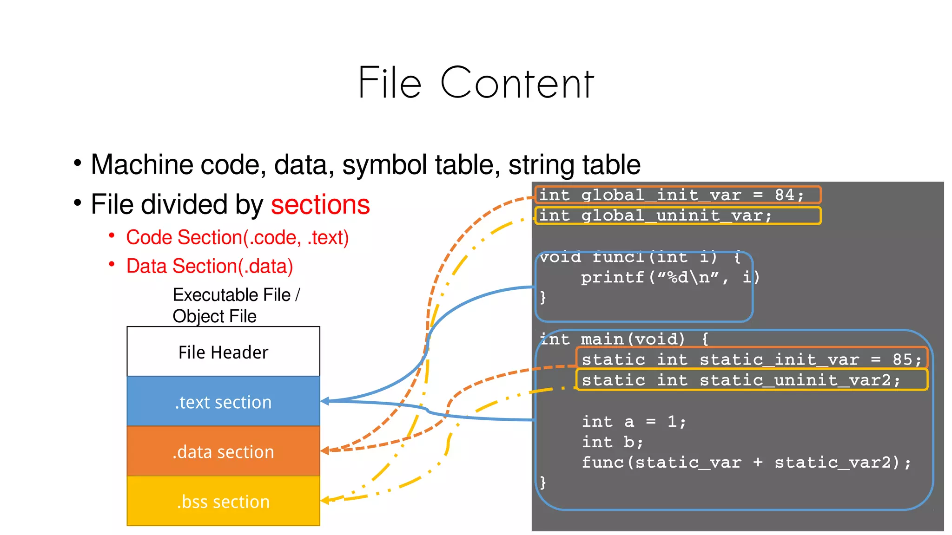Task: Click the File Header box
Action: tap(223, 352)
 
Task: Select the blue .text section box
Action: tap(223, 402)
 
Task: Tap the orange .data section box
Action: tap(223, 451)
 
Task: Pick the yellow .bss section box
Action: tap(223, 502)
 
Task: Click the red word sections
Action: tap(320, 205)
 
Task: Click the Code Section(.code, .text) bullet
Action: tap(237, 237)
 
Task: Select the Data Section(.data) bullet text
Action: tap(210, 266)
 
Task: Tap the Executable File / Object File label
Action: tap(236, 305)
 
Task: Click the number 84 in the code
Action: tap(785, 195)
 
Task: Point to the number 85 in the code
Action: tap(902, 359)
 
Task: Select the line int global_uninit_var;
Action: tap(655, 216)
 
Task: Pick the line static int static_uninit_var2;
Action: tap(741, 380)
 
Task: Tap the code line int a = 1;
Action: tap(634, 422)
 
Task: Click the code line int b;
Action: tap(612, 442)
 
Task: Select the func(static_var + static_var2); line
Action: tap(746, 463)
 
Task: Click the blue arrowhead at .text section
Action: tap(325, 401)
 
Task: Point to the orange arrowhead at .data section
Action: tap(325, 450)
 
